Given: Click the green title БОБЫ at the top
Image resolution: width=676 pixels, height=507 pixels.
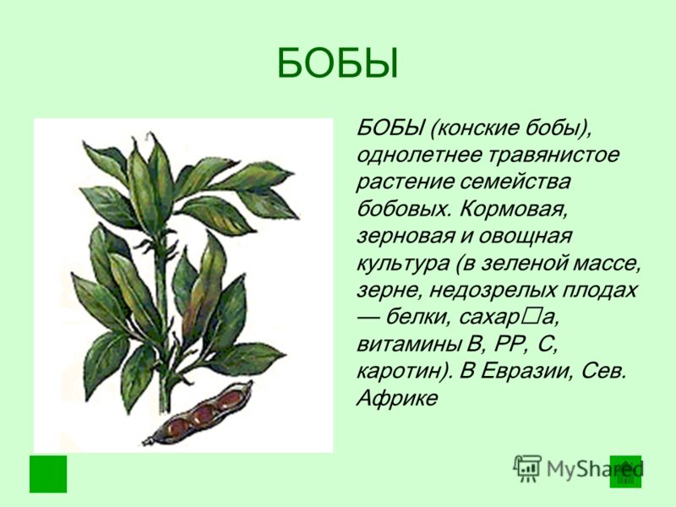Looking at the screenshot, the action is tap(337, 63).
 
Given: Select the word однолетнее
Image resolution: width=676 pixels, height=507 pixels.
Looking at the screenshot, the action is tap(418, 155).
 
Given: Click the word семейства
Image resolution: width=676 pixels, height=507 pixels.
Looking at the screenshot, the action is tap(515, 182).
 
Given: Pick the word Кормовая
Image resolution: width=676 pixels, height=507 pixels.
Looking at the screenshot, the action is tap(513, 209).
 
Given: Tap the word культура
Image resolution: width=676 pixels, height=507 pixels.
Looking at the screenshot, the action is tap(403, 264).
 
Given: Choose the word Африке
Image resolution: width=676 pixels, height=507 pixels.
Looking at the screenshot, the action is tap(397, 398).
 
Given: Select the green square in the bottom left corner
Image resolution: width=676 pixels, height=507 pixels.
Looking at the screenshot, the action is tap(48, 474).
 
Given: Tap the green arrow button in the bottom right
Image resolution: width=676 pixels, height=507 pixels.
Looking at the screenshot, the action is tap(625, 472).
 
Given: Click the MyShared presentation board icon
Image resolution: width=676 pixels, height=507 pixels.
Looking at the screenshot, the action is tap(526, 468).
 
